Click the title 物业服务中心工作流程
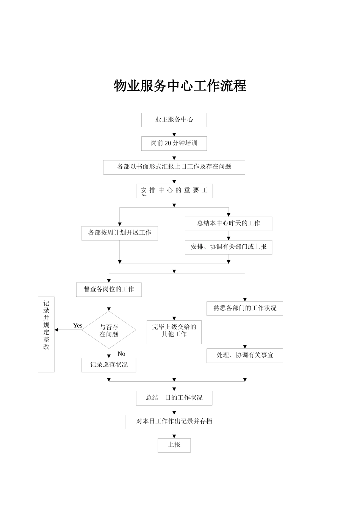pos(180,86)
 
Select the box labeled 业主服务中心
pos(174,120)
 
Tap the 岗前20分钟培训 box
pos(174,143)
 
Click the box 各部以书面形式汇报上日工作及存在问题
pos(174,167)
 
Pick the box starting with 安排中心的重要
pos(174,190)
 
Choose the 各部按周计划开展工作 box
pos(120,233)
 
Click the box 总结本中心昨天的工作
pos(228,223)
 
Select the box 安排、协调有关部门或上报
pos(228,247)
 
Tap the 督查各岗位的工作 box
pos(109,289)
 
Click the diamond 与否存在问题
pos(109,330)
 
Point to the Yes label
pos(78,325)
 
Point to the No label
pos(121,354)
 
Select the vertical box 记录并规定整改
pos(46,334)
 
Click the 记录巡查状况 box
pos(109,365)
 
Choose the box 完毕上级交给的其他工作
pos(174,332)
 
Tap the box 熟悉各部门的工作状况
pos(244,308)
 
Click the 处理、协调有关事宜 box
pos(244,356)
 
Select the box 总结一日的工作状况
pos(174,398)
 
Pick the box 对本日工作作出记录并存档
pos(174,422)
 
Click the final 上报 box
pos(174,445)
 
